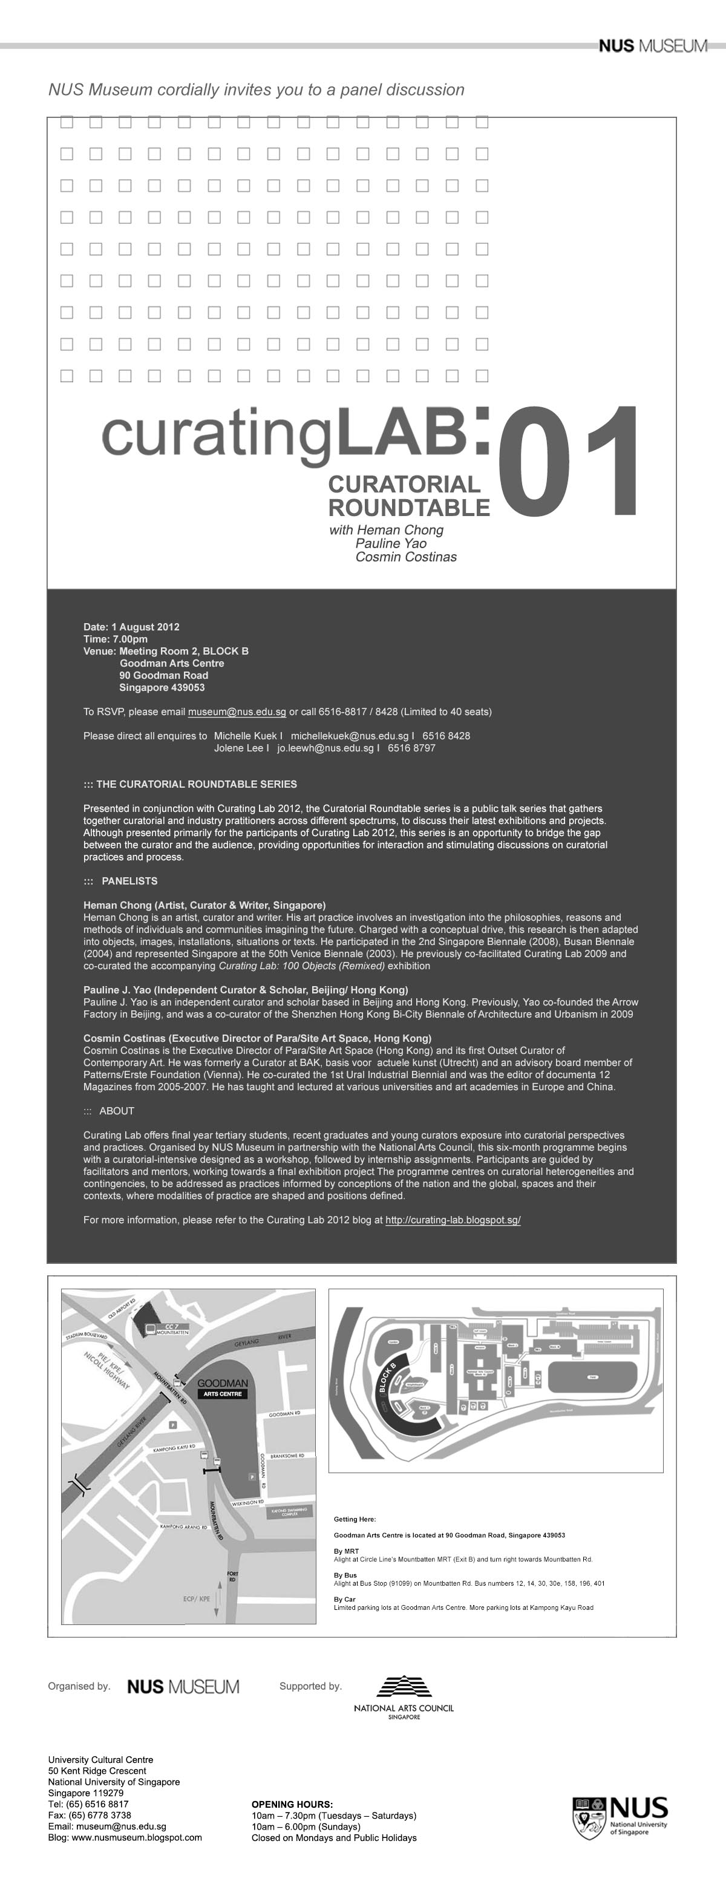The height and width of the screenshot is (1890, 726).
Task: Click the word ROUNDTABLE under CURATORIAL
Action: click(x=408, y=507)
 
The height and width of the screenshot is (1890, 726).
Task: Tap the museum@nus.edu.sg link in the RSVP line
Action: click(x=237, y=711)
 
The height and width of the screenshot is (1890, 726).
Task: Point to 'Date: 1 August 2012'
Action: click(x=131, y=627)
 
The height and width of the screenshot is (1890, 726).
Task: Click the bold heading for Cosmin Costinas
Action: click(x=257, y=1038)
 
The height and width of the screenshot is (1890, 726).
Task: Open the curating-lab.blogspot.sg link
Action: click(x=453, y=1220)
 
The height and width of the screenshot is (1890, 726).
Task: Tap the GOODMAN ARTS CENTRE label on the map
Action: click(x=222, y=1387)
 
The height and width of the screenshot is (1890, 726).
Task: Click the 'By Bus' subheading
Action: click(x=345, y=1575)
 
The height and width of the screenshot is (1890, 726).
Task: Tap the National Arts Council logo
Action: click(x=404, y=1697)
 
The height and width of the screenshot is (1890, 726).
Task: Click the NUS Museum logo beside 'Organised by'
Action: click(x=183, y=1687)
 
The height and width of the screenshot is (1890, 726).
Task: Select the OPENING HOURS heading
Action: click(x=292, y=1804)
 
